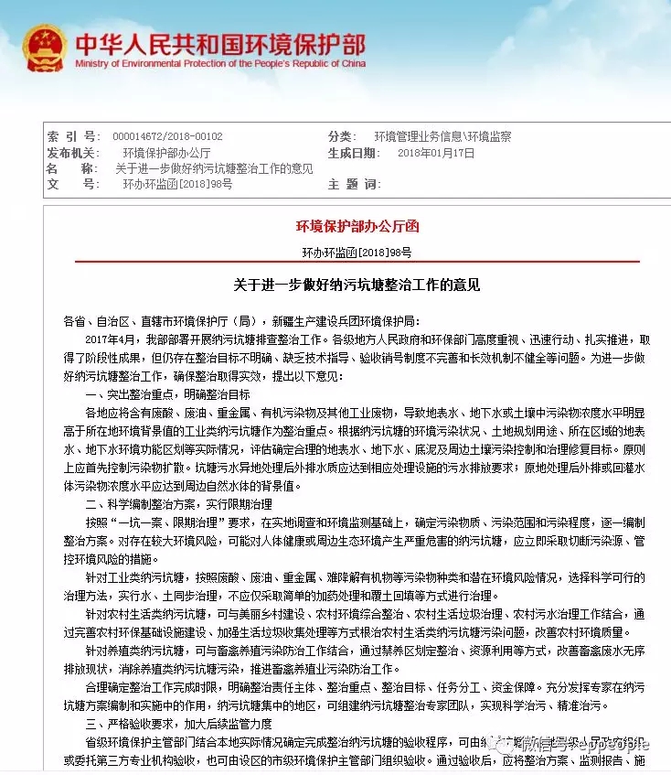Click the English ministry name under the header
(x=220, y=64)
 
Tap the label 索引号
(x=72, y=137)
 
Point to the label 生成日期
(x=353, y=153)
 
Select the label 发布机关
(x=72, y=153)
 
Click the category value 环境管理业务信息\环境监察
(x=443, y=137)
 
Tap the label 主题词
(x=353, y=184)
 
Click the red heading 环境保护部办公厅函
(x=357, y=226)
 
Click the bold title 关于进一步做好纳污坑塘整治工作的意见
(x=357, y=285)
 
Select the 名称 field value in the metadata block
(x=214, y=168)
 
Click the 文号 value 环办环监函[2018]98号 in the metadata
(x=177, y=184)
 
